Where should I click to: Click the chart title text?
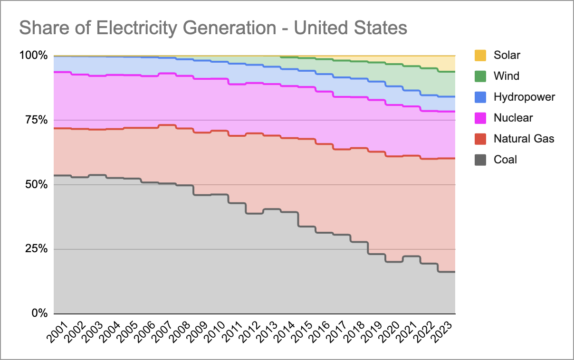[x=213, y=28]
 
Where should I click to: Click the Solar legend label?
[x=507, y=55]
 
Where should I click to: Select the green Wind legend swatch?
[x=480, y=76]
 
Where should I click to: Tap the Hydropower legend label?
[x=524, y=97]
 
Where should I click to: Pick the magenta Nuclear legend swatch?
[x=480, y=118]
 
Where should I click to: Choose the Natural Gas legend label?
[x=524, y=139]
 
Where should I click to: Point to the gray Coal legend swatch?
[x=480, y=160]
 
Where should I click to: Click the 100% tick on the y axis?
[x=33, y=56]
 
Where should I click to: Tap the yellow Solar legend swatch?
[x=480, y=55]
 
